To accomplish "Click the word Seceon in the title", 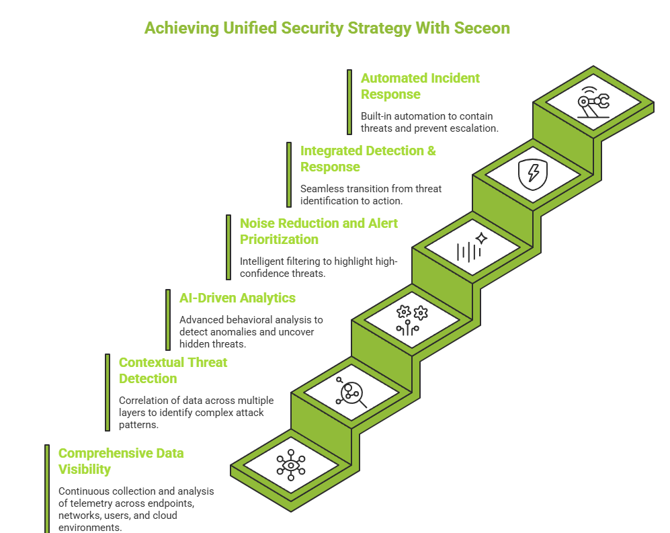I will pyautogui.click(x=482, y=28).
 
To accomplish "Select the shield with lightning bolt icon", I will pyautogui.click(x=532, y=174).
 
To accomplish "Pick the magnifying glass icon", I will pyautogui.click(x=351, y=393).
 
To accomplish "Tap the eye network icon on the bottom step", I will pyautogui.click(x=291, y=464).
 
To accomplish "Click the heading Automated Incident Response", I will pyautogui.click(x=420, y=86).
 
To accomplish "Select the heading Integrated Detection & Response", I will pyautogui.click(x=368, y=159).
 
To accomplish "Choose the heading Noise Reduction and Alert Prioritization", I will pyautogui.click(x=319, y=231).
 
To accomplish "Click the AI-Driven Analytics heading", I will pyautogui.click(x=237, y=298).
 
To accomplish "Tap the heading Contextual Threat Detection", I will pyautogui.click(x=173, y=370).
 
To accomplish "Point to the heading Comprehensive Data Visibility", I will pyautogui.click(x=120, y=461).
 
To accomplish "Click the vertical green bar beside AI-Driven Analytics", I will pyautogui.click(x=168, y=320).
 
